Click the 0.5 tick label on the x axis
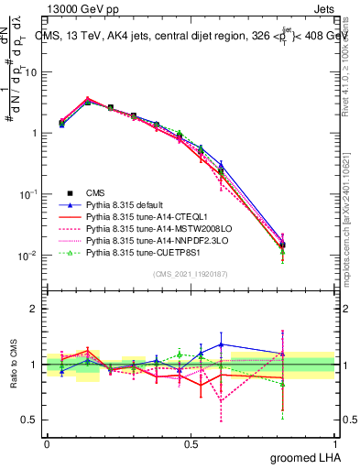click(x=191, y=444)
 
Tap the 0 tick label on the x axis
click(x=47, y=444)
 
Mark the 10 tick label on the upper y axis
click(x=33, y=71)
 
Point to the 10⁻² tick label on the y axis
click(x=31, y=256)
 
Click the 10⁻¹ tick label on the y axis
click(x=31, y=194)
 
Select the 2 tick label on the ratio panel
click(x=37, y=309)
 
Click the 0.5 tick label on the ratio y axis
click(x=32, y=420)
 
